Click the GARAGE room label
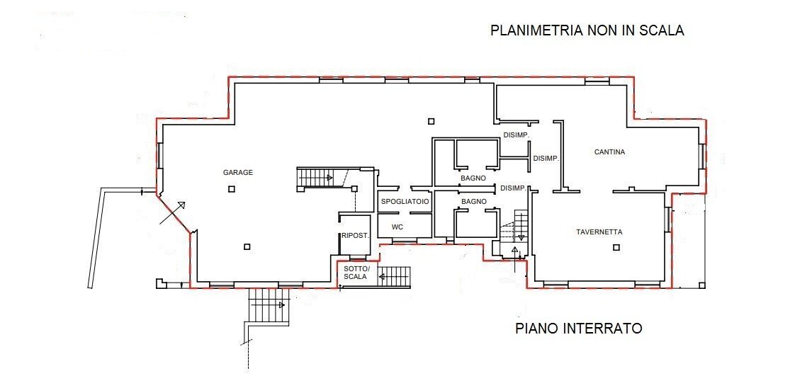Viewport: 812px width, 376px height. tap(238, 172)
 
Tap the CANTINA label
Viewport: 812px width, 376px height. tap(609, 152)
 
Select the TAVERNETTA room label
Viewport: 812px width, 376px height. tap(599, 232)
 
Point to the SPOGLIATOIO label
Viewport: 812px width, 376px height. tap(405, 202)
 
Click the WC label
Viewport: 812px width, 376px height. tap(397, 227)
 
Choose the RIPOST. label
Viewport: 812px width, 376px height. tap(354, 236)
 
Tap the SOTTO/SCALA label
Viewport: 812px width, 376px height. tap(355, 273)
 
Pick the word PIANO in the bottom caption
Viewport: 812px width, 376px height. tap(537, 329)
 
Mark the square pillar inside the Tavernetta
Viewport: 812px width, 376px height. tap(616, 247)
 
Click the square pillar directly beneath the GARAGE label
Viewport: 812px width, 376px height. tap(231, 189)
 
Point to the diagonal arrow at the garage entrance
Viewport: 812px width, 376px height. tap(172, 213)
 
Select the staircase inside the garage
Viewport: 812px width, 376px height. tap(316, 178)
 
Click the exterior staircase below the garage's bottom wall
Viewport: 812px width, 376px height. tap(269, 306)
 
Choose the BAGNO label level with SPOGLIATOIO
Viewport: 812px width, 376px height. tap(473, 202)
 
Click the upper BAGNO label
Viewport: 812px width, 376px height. tap(473, 178)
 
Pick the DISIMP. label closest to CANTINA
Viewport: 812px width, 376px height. tap(546, 158)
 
